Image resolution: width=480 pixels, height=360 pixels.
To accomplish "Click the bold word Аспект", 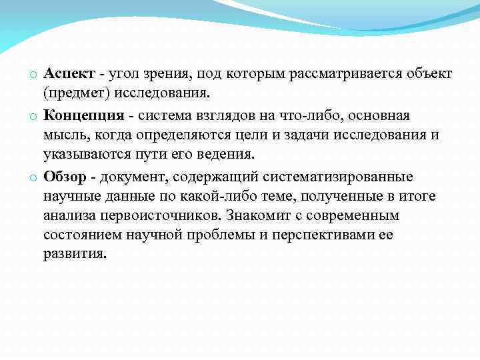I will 69,72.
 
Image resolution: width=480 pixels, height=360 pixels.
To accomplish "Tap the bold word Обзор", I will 65,177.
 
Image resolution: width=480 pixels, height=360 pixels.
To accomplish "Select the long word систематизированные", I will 338,177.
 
